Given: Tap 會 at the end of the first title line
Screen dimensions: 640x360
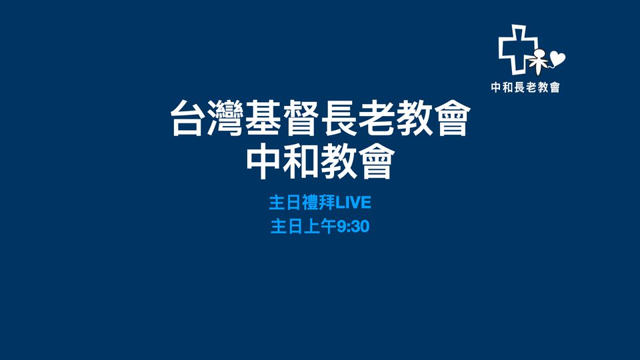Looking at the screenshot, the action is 453,119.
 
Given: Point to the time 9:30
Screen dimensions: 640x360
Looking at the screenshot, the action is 353,227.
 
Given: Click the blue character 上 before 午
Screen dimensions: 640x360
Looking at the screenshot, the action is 312,227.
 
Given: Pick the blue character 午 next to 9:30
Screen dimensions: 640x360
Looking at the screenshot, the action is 329,227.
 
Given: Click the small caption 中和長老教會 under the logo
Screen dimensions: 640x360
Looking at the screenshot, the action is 525,87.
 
